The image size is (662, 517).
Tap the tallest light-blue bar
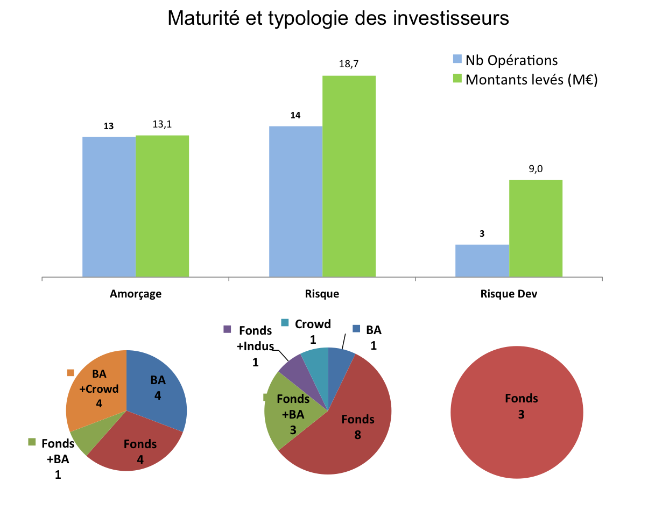click(x=295, y=201)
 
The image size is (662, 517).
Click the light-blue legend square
click(x=457, y=59)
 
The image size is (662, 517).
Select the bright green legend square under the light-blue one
click(x=457, y=79)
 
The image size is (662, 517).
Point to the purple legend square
click(x=227, y=329)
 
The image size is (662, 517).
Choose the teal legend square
click(x=285, y=323)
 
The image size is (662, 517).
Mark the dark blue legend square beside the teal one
click(x=356, y=328)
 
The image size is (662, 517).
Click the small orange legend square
click(x=71, y=373)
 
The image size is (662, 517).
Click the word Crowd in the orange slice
click(x=99, y=389)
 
